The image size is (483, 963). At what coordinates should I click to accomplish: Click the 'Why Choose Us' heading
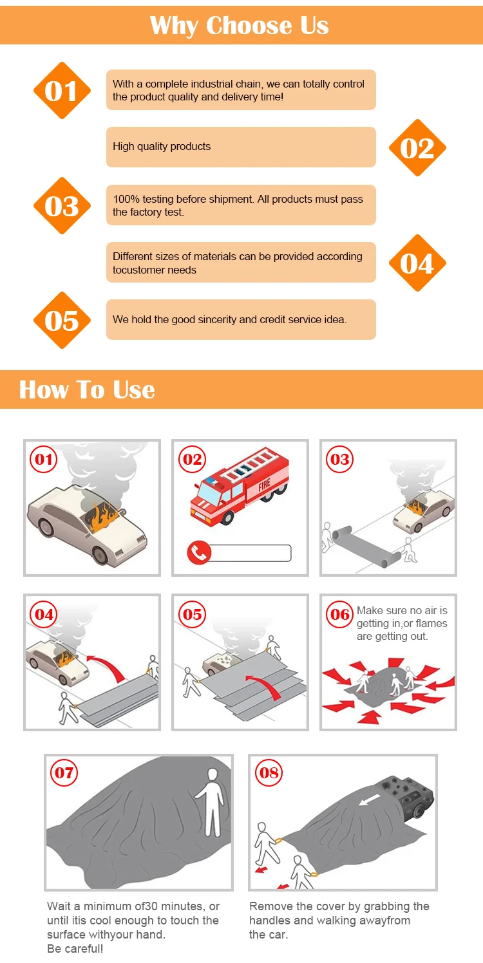point(240,25)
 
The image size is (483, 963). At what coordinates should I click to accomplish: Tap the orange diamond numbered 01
point(62,91)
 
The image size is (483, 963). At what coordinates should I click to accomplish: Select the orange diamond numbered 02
point(417,148)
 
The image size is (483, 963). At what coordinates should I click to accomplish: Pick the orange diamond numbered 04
point(417,263)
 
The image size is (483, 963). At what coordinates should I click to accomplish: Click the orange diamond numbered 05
point(62,321)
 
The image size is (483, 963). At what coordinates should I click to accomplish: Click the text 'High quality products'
point(162,147)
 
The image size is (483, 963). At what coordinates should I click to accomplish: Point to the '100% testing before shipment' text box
point(240,205)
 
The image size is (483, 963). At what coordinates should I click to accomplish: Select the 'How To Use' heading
point(87,389)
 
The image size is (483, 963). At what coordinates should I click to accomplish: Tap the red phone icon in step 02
point(198,553)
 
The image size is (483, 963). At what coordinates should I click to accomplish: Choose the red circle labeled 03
point(339,460)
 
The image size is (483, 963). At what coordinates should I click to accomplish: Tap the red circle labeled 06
point(339,614)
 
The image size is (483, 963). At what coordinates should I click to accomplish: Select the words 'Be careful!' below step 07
point(75,949)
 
